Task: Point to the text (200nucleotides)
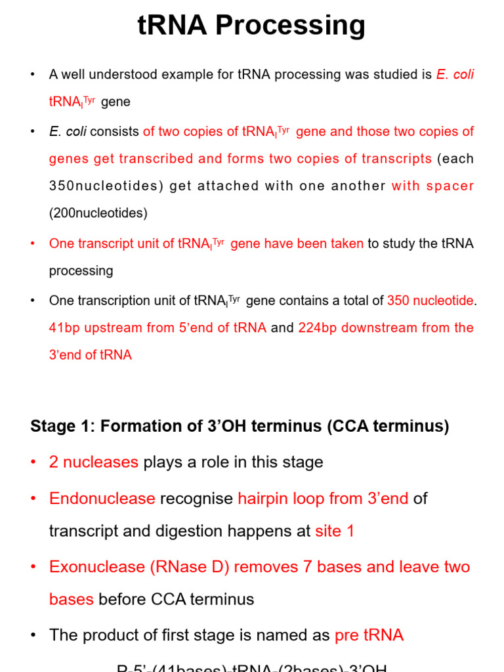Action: (98, 213)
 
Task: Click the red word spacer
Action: (450, 186)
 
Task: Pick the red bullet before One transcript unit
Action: (33, 243)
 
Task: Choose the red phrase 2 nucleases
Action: (93, 462)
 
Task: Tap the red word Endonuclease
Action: (102, 499)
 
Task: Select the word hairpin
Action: (264, 499)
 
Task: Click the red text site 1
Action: (335, 531)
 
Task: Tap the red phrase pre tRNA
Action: (369, 635)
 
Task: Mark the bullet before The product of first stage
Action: (33, 635)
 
